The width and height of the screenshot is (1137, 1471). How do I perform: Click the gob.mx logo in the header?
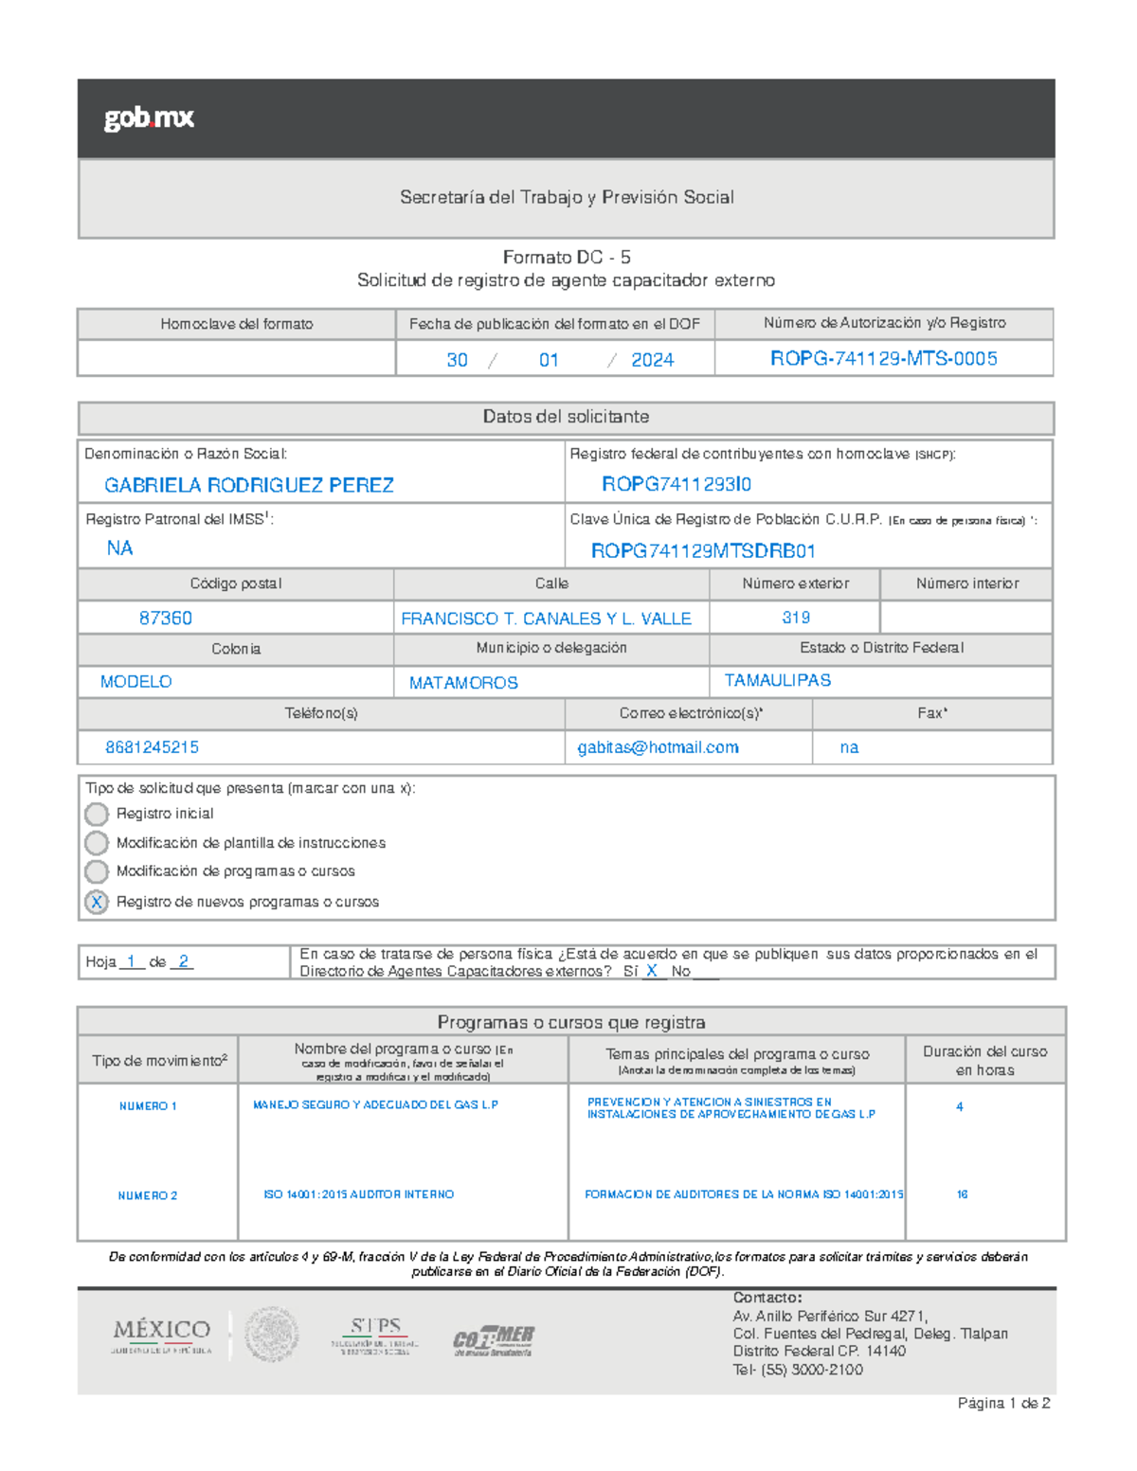[x=149, y=118]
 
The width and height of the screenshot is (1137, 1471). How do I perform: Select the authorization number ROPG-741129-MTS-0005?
[x=883, y=359]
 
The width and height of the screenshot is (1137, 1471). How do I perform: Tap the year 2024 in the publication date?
[x=652, y=360]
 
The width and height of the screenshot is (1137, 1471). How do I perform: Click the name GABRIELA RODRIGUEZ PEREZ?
[x=249, y=485]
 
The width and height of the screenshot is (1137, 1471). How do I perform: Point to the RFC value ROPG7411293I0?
[x=677, y=484]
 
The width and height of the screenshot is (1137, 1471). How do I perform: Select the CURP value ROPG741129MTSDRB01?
[x=703, y=551]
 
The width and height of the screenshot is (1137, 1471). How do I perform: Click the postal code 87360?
[x=166, y=618]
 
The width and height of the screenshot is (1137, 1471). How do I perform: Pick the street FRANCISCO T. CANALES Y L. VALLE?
[x=546, y=619]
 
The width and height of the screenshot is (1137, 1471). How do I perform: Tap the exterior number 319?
[x=796, y=618]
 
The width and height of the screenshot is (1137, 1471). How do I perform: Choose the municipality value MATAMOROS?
[x=463, y=683]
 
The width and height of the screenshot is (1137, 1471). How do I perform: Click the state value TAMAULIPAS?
[x=778, y=680]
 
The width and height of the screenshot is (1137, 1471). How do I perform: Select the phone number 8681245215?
[x=152, y=747]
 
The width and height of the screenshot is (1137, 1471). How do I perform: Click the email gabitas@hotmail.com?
[x=659, y=747]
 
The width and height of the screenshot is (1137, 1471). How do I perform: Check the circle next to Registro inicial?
[x=97, y=814]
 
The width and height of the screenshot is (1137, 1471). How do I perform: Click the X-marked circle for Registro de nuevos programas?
[x=97, y=902]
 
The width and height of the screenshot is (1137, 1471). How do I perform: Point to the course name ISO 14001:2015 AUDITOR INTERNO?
[x=359, y=1194]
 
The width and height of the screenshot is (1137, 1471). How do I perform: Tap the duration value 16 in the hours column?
[x=962, y=1194]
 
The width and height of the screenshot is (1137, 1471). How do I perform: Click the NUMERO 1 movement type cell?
[x=148, y=1106]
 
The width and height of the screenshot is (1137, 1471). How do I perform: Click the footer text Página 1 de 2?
[x=1003, y=1403]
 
